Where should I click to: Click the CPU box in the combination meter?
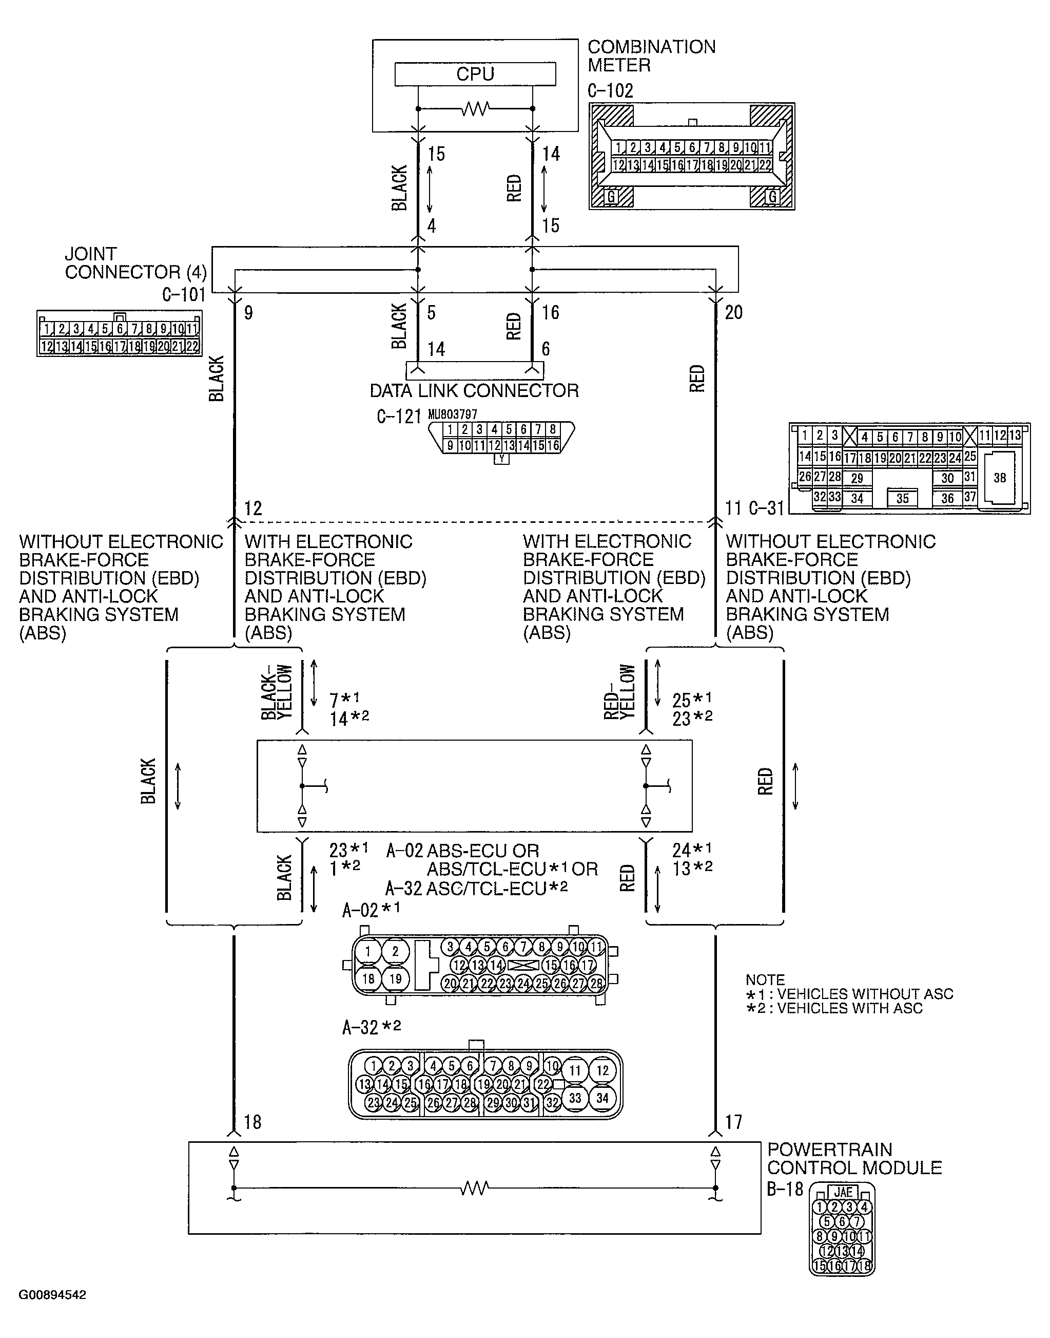[475, 74]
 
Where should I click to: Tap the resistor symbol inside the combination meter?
[475, 109]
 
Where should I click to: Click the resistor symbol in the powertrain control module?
[475, 1188]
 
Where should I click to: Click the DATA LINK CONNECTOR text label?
[474, 391]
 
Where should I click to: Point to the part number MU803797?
[453, 414]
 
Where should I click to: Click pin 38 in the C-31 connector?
[1000, 478]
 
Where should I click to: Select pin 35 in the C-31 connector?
[903, 498]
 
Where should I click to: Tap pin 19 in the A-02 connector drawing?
[395, 979]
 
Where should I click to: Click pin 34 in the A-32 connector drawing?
[602, 1098]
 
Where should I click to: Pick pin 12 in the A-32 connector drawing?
[602, 1070]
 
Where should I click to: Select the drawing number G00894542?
[52, 1295]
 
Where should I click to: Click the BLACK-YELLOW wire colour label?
[277, 691]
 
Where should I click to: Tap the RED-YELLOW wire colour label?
[619, 691]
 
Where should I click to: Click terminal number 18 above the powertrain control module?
[252, 1122]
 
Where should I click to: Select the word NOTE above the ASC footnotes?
[765, 979]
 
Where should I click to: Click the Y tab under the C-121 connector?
[501, 459]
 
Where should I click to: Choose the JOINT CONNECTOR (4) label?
[135, 263]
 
